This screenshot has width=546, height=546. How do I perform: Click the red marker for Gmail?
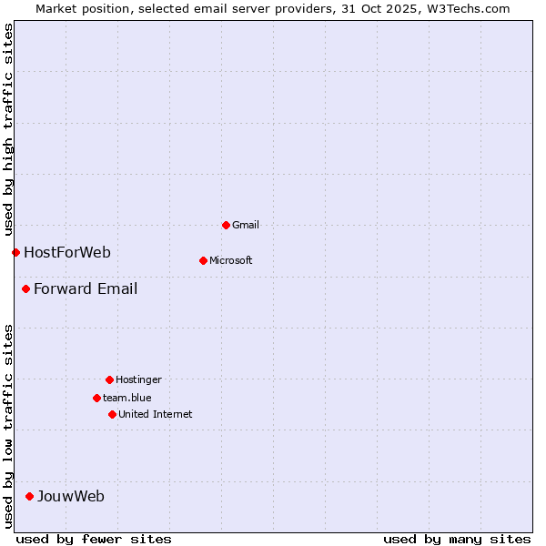point(226,225)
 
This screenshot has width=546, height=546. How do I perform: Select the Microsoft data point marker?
point(203,260)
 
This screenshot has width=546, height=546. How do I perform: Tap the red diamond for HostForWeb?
point(15,252)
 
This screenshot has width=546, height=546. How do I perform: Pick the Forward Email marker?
point(25,289)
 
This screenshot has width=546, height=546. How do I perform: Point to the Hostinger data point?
point(109,379)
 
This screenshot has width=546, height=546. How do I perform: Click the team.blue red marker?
point(96,398)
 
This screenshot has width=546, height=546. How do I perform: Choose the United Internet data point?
point(112,414)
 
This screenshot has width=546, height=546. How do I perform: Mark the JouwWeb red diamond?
point(29,496)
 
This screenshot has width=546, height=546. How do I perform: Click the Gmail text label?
point(246,225)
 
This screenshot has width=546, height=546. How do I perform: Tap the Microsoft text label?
point(231,260)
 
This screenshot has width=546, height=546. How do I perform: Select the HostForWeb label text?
point(67,252)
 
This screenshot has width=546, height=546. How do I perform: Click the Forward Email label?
point(86,289)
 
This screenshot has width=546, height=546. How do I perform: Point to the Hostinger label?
point(138,379)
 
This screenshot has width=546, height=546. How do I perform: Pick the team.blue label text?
point(127,398)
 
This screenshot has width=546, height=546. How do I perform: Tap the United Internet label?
point(156,414)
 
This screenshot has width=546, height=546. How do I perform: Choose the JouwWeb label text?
point(71,496)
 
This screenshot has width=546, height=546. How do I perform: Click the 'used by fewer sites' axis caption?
point(94,539)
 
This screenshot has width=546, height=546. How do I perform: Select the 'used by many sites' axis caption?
point(457,539)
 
